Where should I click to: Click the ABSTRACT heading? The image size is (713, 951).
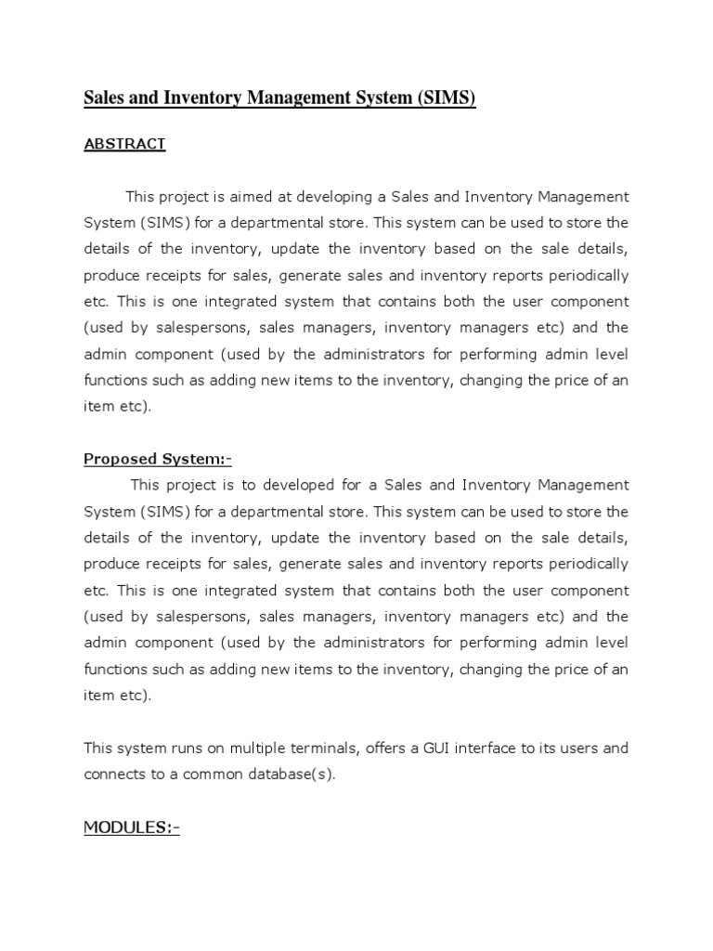point(124,144)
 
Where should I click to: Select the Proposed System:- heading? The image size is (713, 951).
point(157,458)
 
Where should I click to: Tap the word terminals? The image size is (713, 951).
point(325,748)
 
